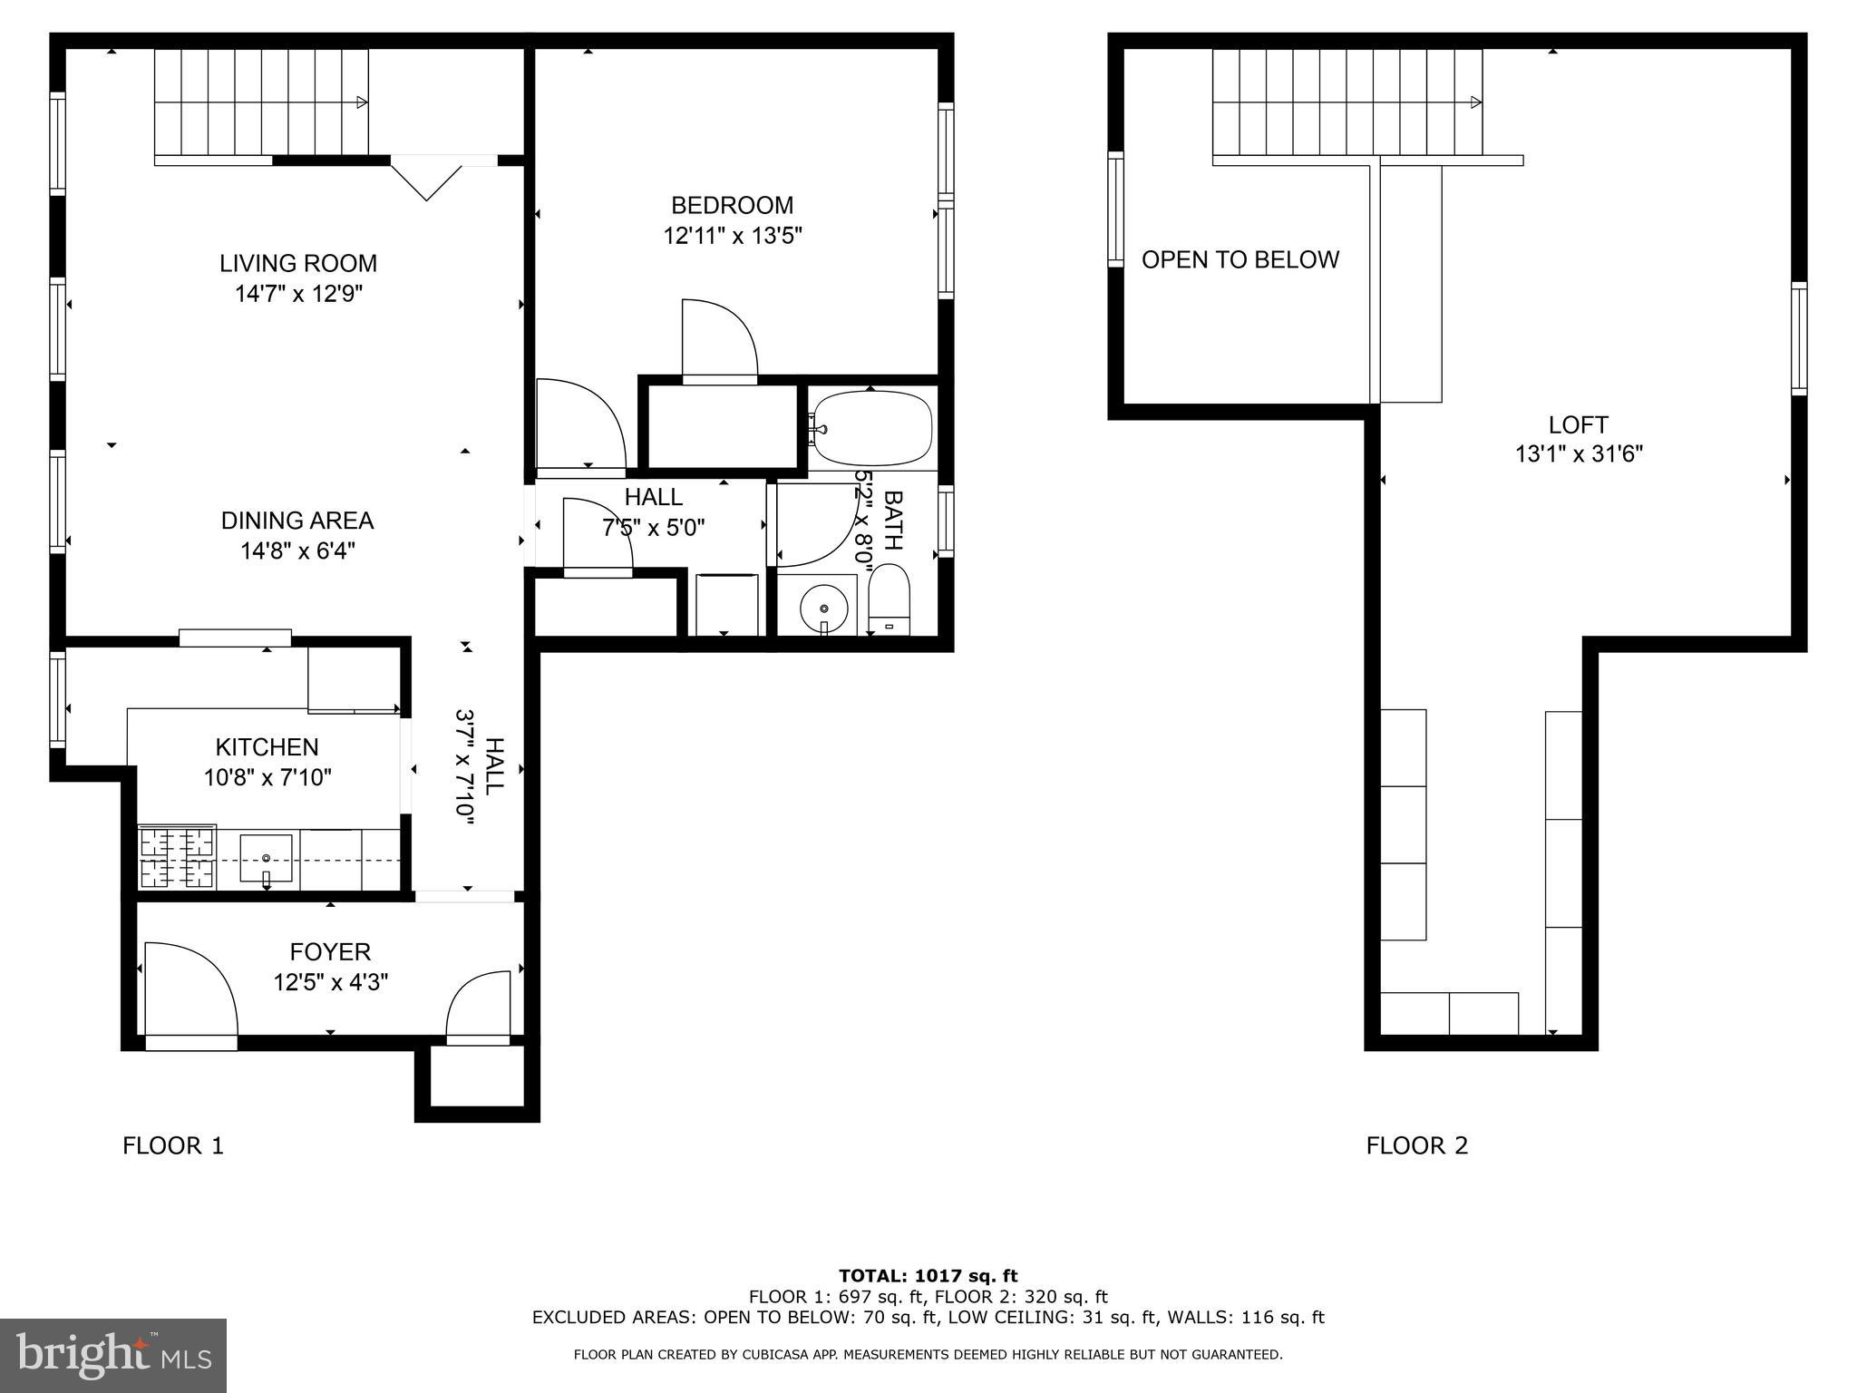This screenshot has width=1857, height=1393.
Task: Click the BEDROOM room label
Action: [732, 205]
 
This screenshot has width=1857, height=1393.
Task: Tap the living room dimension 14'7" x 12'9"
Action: [298, 294]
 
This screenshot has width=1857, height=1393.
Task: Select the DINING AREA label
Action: [297, 521]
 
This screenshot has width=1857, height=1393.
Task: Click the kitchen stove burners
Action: [177, 858]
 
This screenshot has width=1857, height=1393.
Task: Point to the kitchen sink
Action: [266, 858]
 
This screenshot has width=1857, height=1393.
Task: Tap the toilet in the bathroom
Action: [889, 599]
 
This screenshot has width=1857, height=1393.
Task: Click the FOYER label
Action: [330, 952]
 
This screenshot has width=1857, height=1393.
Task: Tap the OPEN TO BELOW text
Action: [1240, 260]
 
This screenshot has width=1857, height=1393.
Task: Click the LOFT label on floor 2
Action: [1578, 424]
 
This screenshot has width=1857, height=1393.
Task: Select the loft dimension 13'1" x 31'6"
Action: [1579, 454]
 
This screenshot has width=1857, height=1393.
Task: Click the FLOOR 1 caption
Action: [173, 1146]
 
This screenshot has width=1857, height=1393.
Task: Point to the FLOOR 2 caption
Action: [1416, 1146]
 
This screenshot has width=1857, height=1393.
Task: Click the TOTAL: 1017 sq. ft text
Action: [928, 1276]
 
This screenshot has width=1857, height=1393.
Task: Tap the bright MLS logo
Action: [113, 1356]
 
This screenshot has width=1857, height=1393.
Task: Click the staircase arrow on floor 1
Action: [361, 102]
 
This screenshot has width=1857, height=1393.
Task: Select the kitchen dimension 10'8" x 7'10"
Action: [267, 777]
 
